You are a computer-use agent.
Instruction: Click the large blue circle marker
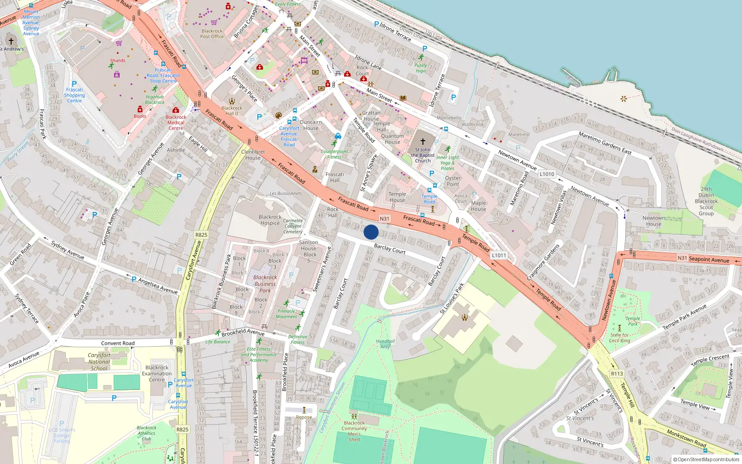[x=371, y=232]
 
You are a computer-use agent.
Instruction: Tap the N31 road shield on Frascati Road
[x=384, y=219]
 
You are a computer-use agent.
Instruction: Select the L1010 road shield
[x=547, y=174]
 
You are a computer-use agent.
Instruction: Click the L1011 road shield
[x=499, y=255]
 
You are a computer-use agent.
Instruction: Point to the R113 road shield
[x=617, y=374]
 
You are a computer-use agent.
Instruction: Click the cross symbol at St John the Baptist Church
[x=422, y=141]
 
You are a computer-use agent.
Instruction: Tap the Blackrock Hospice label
[x=270, y=220]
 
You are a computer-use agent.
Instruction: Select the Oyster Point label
[x=453, y=181]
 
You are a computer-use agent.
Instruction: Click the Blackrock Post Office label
[x=212, y=33]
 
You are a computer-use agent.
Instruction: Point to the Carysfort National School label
[x=99, y=362]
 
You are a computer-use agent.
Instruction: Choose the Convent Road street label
[x=118, y=343]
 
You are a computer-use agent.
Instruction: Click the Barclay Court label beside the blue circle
[x=390, y=249]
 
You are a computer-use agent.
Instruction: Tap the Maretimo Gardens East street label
[x=605, y=143]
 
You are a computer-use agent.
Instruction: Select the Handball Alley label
[x=385, y=344]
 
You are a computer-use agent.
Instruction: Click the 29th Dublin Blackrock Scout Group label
[x=706, y=201]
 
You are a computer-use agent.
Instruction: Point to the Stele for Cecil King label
[x=620, y=338]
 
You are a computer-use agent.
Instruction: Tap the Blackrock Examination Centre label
[x=157, y=374]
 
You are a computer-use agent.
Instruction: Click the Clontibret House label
[x=253, y=155]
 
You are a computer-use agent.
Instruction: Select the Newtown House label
[x=653, y=221]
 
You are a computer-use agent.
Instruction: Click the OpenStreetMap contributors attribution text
[x=706, y=460]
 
